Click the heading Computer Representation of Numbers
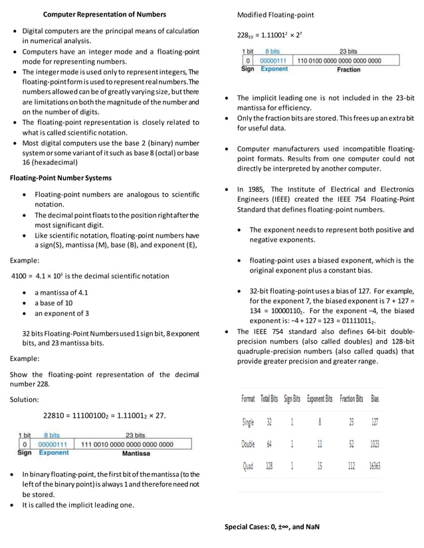pos(105,14)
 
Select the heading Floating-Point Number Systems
pos(60,178)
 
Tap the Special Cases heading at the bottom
pos(272,527)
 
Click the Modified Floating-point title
pos(276,15)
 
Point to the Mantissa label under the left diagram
pos(136,453)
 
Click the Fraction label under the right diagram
pos(348,69)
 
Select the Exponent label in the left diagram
pos(53,453)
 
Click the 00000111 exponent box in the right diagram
pos(272,60)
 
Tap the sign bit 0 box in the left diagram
pos(24,444)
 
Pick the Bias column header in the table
pos(375,399)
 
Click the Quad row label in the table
pos(247,466)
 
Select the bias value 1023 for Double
pos(375,445)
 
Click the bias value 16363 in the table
pos(375,466)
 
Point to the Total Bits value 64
pos(269,445)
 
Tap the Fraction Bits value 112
pos(351,466)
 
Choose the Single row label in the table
pos(248,422)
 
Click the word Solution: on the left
pos(25,399)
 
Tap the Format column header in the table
pos(248,399)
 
